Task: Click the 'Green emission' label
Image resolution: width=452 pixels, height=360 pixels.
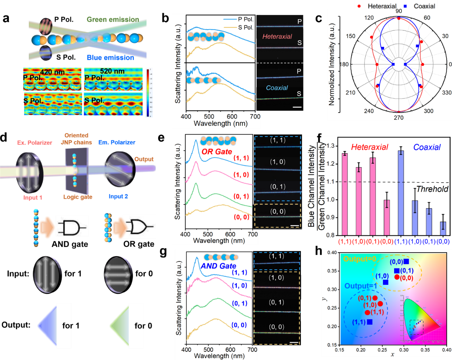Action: pyautogui.click(x=113, y=20)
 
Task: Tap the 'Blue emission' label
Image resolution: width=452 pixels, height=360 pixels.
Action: pyautogui.click(x=110, y=58)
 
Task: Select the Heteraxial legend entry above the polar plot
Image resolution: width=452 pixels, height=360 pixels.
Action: pyautogui.click(x=382, y=6)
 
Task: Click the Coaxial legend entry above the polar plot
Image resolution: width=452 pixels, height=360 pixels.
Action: pyautogui.click(x=424, y=6)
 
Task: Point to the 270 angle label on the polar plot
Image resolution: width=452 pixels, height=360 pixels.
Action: pyautogui.click(x=398, y=117)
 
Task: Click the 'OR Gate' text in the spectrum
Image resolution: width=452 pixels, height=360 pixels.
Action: pyautogui.click(x=217, y=152)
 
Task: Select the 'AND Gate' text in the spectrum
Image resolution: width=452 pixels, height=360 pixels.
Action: pyautogui.click(x=218, y=266)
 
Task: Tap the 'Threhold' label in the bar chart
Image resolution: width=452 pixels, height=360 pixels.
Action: pyautogui.click(x=432, y=189)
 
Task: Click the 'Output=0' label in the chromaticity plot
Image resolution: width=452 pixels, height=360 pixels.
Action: pyautogui.click(x=360, y=259)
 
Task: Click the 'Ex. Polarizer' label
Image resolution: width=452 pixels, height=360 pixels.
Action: pyautogui.click(x=34, y=143)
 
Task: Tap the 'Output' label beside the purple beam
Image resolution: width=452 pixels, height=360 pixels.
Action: pyautogui.click(x=144, y=159)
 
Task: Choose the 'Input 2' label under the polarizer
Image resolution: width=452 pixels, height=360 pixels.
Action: pyautogui.click(x=118, y=196)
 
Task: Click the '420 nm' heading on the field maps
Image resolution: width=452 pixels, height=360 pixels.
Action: pyautogui.click(x=52, y=72)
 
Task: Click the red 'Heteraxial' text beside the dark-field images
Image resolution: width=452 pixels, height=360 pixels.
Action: pyautogui.click(x=277, y=37)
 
